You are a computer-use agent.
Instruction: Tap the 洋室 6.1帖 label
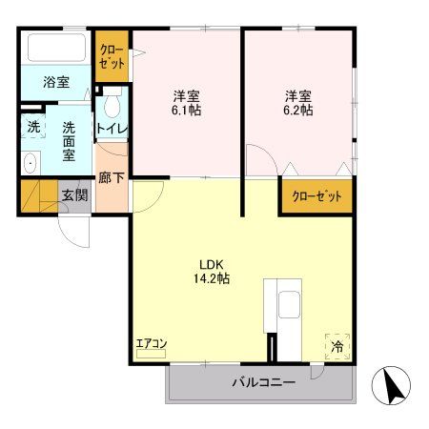pos(186,103)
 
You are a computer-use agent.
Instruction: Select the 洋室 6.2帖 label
pos(298,103)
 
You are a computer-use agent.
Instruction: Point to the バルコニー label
pos(263,383)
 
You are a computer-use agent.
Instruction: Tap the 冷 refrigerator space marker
pos(337,347)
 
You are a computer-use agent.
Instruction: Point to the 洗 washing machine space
pos(33,126)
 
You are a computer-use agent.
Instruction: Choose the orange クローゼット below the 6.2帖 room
pos(316,195)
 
